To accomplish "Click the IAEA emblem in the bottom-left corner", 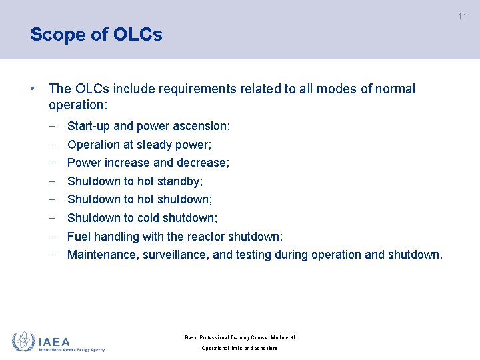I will (23, 342).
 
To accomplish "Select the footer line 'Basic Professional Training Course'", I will (239, 337).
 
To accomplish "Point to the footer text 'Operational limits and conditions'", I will (239, 349).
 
